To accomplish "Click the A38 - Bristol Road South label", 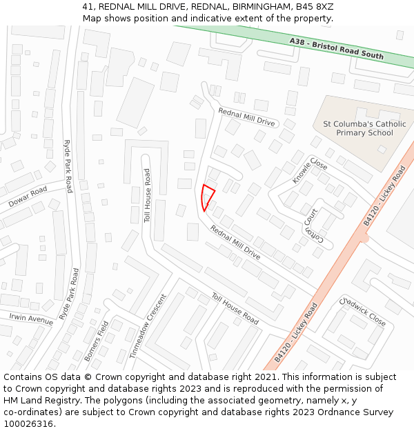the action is point(336,48).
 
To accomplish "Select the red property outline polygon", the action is point(206,197).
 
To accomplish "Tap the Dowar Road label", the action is point(28,197).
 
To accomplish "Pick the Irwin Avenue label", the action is point(30,319).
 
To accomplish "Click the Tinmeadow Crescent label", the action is point(148,325).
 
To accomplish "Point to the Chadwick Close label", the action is point(362,312).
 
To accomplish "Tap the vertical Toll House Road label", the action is point(147,196).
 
